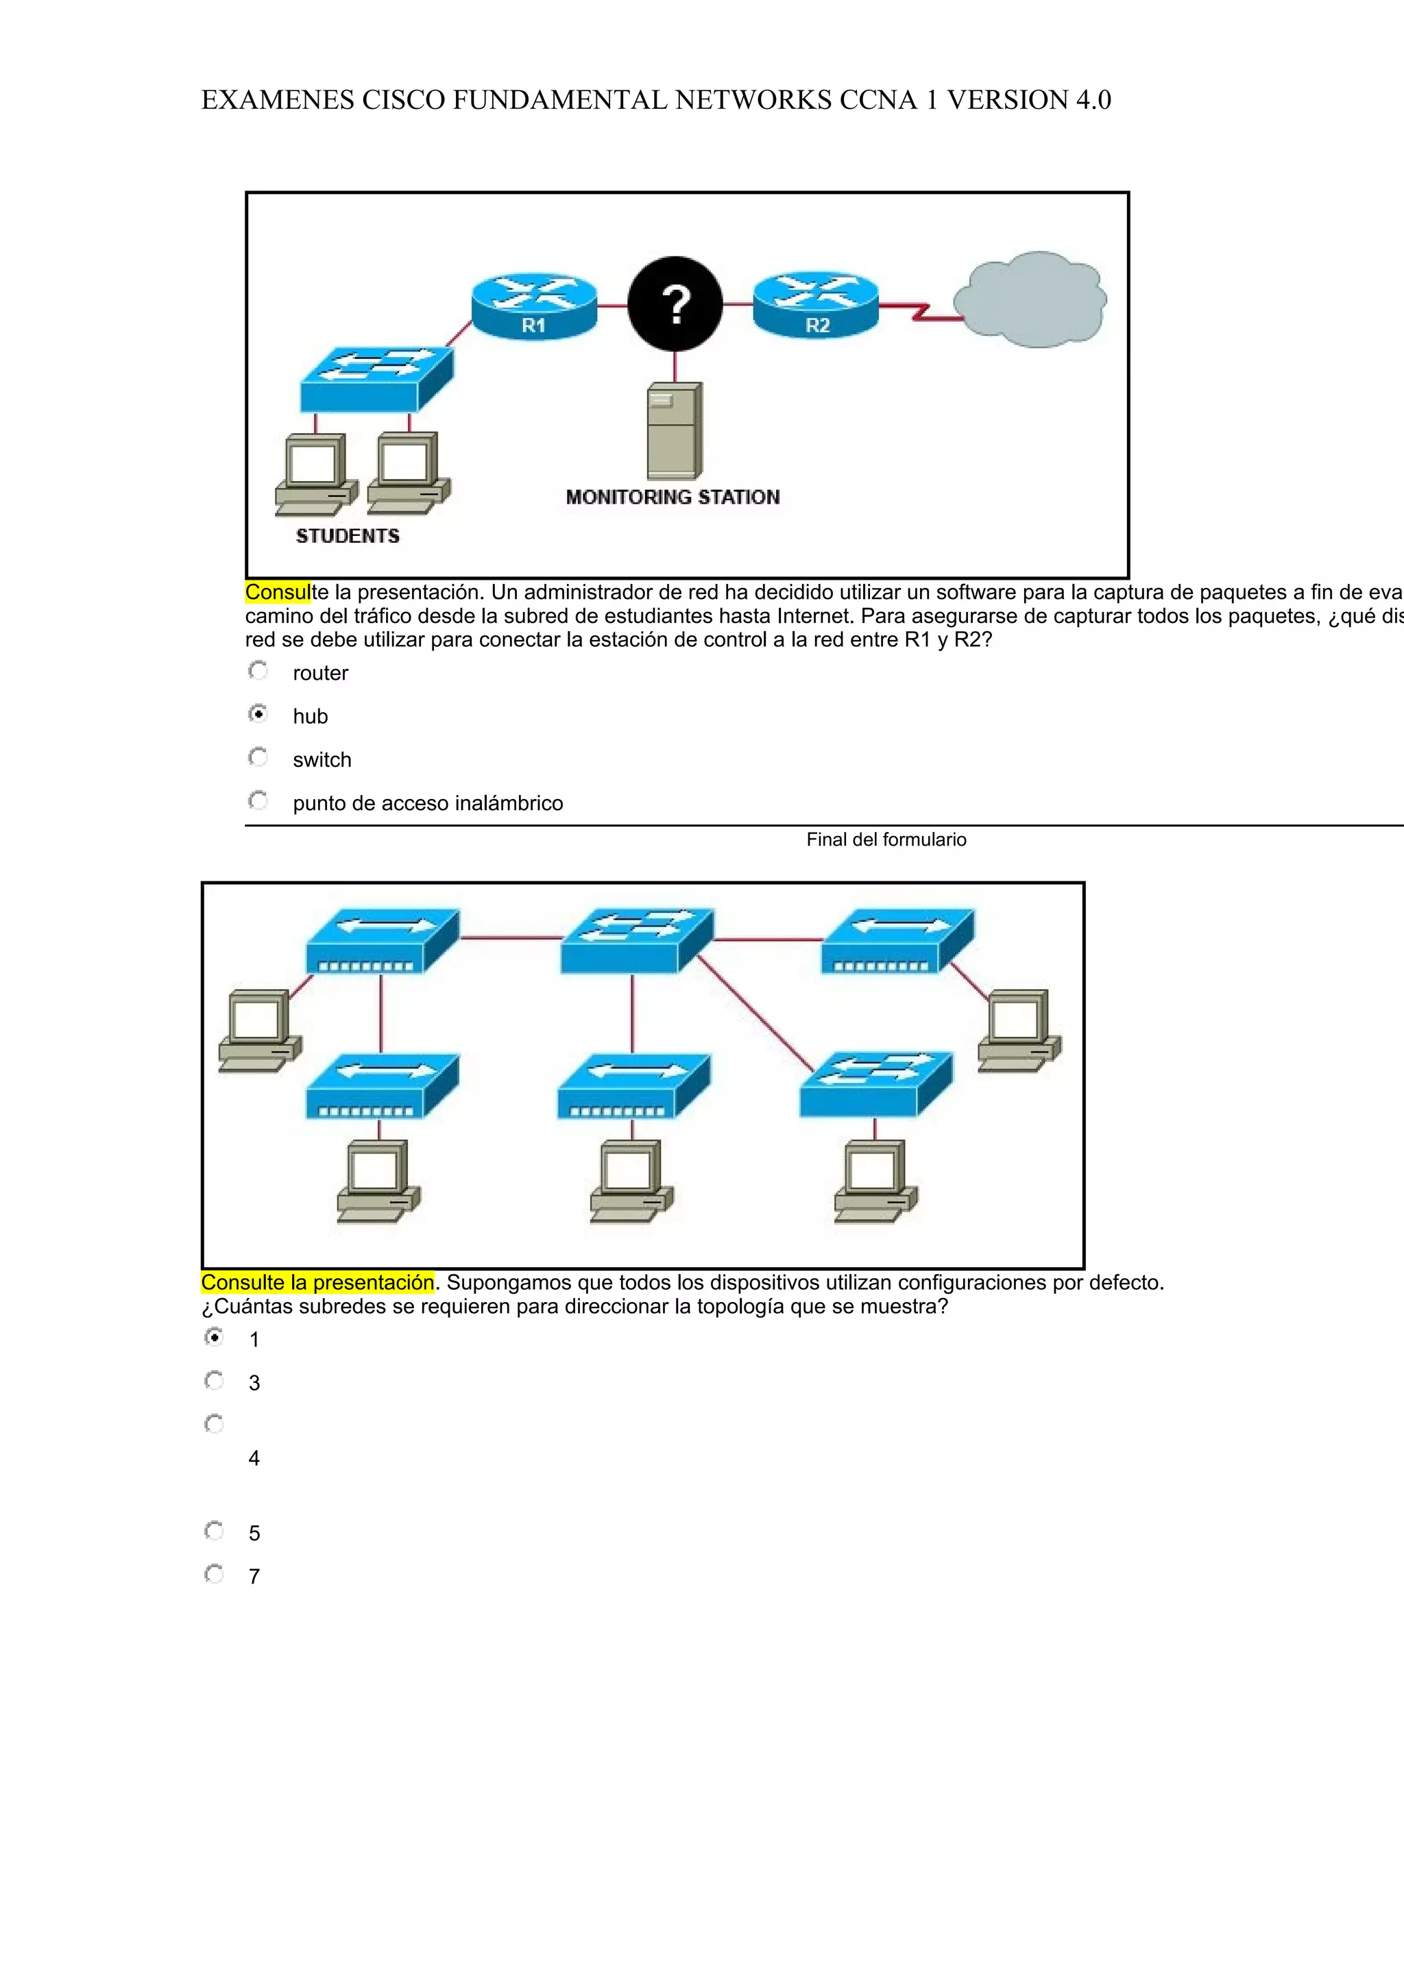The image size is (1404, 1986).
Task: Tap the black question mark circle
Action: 675,304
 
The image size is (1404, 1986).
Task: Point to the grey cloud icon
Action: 1030,299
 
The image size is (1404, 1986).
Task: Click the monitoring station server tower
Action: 675,430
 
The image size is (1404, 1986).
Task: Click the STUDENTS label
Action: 348,537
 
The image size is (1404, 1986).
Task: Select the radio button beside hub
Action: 258,715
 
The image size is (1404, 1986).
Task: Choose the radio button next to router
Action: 258,671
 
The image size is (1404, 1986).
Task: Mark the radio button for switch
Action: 258,758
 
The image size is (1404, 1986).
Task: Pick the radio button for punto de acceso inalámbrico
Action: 258,801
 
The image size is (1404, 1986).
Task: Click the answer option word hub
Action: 310,717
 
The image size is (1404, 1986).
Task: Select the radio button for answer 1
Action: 215,1337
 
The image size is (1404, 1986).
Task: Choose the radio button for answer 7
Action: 215,1574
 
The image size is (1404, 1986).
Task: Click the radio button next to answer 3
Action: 215,1380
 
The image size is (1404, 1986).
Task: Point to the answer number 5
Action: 254,1534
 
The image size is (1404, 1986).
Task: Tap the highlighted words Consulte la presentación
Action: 317,1283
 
